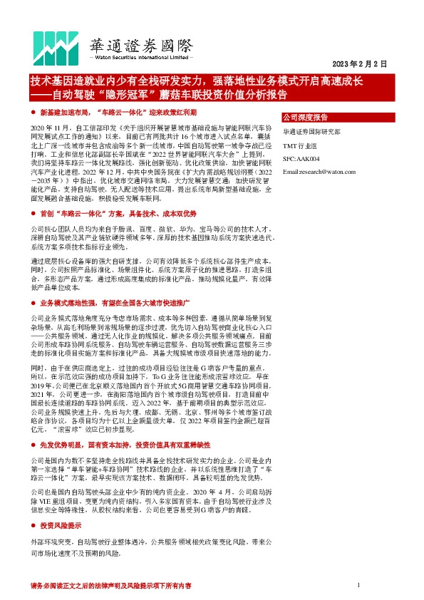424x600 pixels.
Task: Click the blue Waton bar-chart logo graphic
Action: [x=56, y=46]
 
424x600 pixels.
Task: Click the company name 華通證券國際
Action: [x=140, y=45]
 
